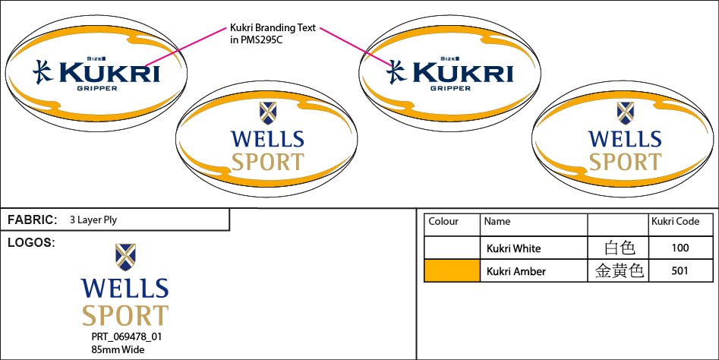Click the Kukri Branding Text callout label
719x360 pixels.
273,34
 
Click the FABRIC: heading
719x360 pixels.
33,220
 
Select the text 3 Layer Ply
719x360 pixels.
93,220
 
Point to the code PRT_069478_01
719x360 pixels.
127,336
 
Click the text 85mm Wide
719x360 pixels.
118,349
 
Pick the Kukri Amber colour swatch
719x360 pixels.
452,270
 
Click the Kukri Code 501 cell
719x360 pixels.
680,270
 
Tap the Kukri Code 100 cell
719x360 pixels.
680,248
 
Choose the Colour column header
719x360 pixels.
444,222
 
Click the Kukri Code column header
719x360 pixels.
675,222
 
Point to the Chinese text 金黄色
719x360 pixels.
619,270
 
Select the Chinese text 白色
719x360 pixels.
619,248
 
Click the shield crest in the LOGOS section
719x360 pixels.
125,257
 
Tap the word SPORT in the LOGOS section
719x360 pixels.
125,315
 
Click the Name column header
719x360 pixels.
497,222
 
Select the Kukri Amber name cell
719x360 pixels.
516,271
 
